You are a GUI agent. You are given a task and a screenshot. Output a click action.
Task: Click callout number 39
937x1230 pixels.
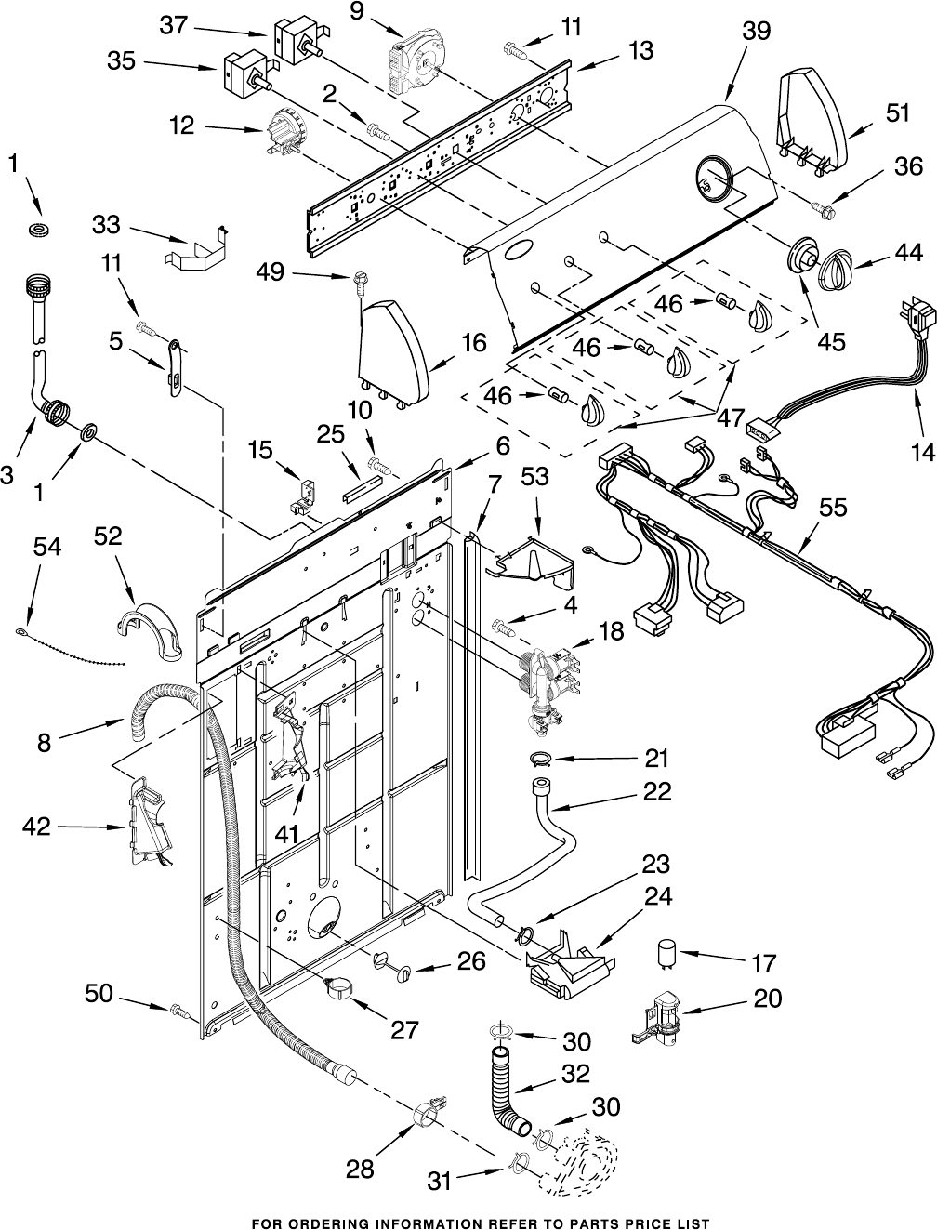[x=757, y=31]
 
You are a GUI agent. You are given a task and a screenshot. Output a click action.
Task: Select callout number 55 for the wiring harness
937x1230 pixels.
[x=833, y=507]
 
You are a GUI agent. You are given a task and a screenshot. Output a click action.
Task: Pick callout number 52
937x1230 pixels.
[x=108, y=536]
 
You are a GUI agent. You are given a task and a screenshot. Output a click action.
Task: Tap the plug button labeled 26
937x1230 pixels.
[x=394, y=965]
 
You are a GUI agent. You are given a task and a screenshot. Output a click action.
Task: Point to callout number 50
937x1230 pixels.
[x=99, y=994]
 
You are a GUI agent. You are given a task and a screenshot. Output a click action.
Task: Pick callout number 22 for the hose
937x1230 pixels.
[x=656, y=791]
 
